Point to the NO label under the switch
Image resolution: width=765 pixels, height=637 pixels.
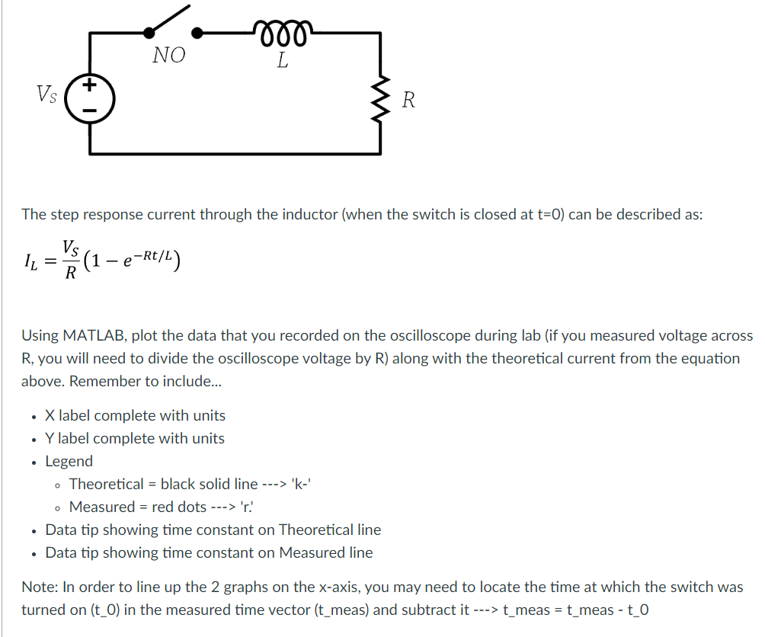pyautogui.click(x=168, y=56)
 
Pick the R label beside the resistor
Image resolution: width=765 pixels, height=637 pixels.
pyautogui.click(x=408, y=100)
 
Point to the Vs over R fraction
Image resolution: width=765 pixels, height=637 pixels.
pyautogui.click(x=70, y=261)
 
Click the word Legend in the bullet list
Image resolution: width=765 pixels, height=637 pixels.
pyautogui.click(x=69, y=461)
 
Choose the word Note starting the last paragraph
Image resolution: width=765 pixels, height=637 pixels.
pyautogui.click(x=37, y=587)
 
